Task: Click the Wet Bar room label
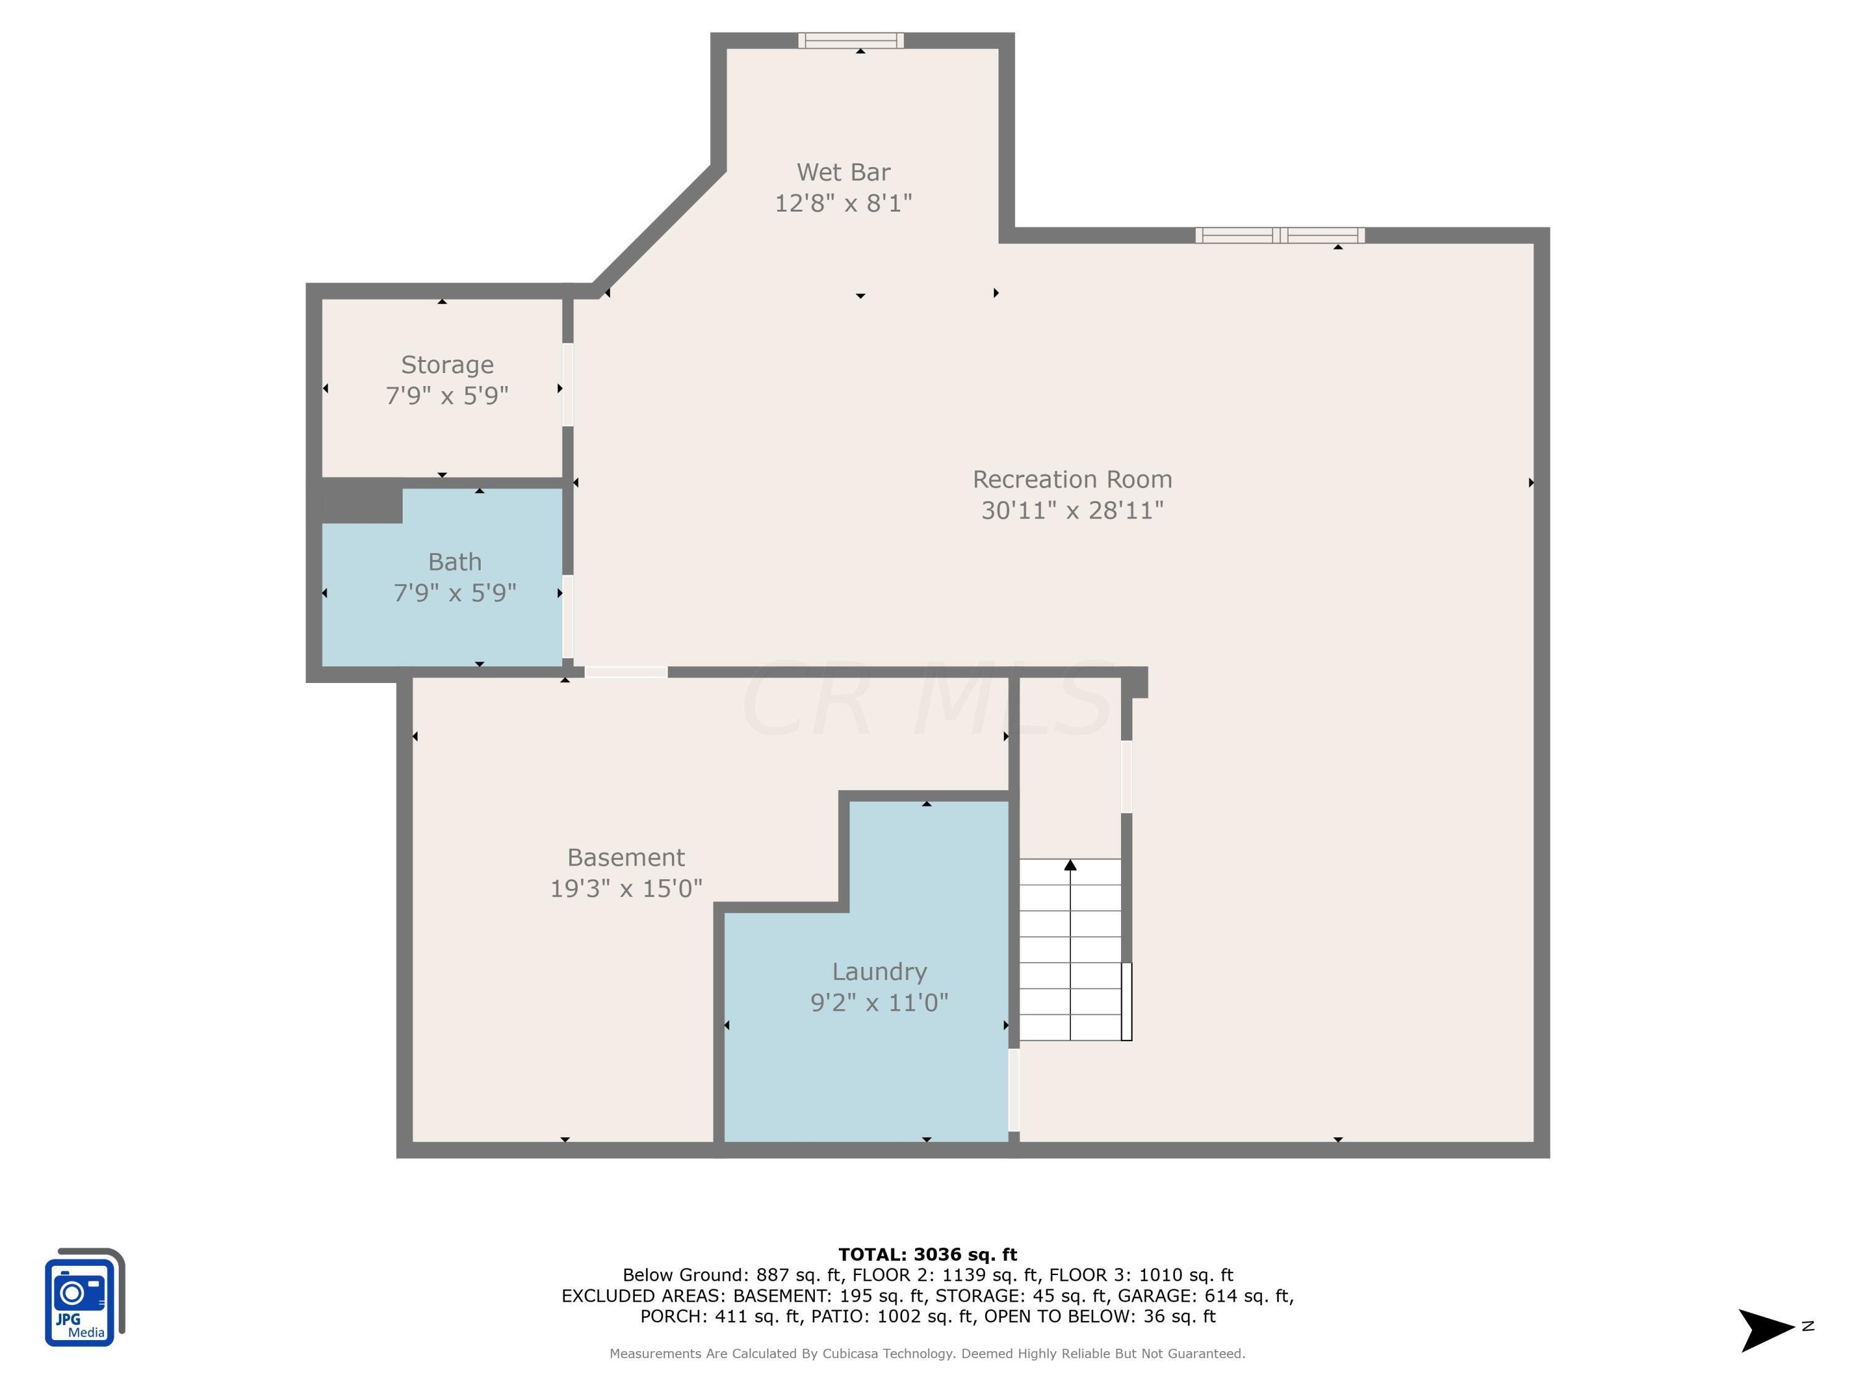click(843, 172)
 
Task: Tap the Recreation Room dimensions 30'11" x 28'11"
click(1072, 510)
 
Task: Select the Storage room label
click(447, 365)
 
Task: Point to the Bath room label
click(455, 561)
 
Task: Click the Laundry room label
click(879, 972)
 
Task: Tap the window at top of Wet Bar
click(850, 40)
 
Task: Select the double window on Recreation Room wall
click(1279, 236)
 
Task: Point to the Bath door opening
click(568, 617)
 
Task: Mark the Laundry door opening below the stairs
click(1013, 1090)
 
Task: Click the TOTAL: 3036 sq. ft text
click(927, 1255)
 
